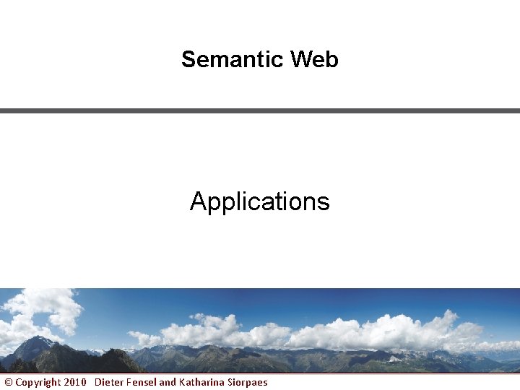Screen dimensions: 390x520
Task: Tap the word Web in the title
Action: [314, 59]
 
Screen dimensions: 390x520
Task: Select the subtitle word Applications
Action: [260, 201]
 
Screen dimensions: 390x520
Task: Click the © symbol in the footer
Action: [8, 382]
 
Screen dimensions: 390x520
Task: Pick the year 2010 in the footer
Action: [75, 382]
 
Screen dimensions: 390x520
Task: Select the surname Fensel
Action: [142, 382]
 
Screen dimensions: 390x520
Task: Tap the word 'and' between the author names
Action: [168, 382]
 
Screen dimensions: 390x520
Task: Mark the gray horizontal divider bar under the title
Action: [260, 110]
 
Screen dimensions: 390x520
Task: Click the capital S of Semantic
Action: [188, 59]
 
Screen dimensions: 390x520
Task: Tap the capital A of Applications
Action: [198, 201]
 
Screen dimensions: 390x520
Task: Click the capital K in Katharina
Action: [183, 382]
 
